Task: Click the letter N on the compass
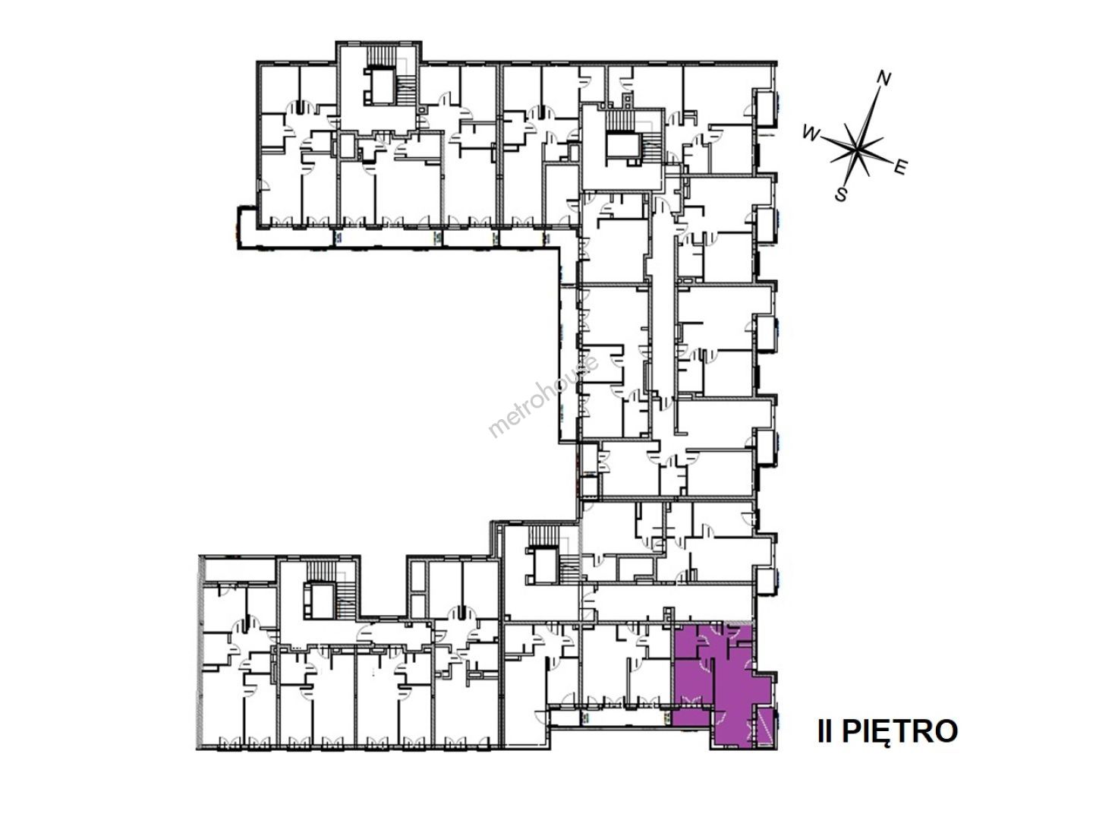pos(884,79)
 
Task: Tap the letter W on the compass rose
pos(811,134)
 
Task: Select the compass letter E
pos(899,168)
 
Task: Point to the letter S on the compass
pos(841,194)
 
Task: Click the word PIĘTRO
pos(900,731)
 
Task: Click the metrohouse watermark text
pos(543,395)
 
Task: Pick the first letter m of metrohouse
pos(495,429)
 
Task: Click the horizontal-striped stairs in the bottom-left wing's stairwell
pos(346,600)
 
